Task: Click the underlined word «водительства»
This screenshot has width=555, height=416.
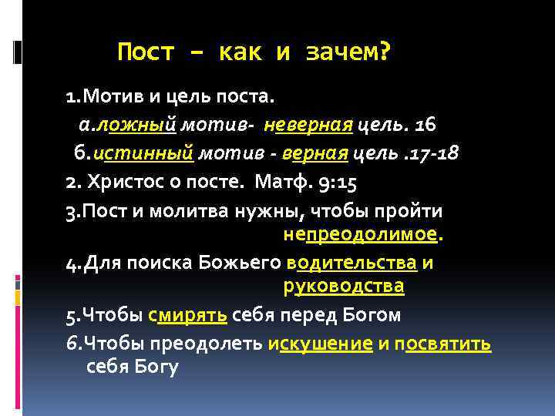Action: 352,263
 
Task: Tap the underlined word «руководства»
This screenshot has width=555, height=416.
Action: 343,287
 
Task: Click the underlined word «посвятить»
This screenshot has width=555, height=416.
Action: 443,343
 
